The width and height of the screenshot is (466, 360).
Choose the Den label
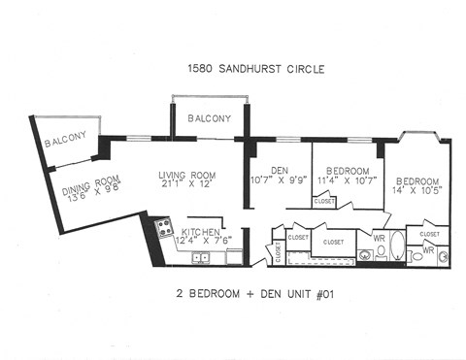278,167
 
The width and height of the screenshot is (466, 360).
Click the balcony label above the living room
209,118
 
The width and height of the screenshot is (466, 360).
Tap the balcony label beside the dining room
66,138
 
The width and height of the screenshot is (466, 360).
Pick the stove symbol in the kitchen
164,231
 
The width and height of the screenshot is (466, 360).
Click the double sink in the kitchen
201,258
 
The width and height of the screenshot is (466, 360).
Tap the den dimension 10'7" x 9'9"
278,179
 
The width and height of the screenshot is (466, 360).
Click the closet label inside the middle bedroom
324,203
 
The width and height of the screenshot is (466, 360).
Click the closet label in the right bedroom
428,234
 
